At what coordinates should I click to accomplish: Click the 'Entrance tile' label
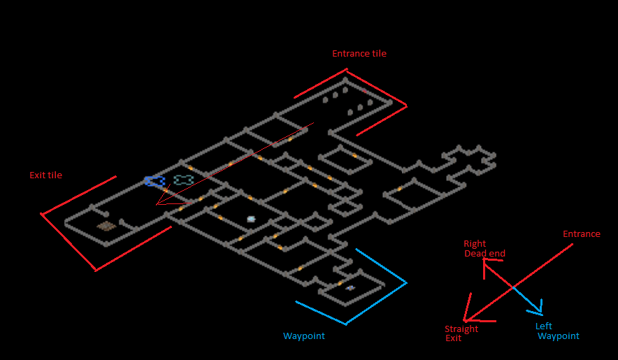point(359,54)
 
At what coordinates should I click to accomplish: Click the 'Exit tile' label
point(45,175)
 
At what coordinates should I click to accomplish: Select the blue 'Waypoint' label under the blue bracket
point(303,336)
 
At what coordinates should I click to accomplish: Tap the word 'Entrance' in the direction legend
point(581,234)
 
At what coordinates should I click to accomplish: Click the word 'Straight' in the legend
point(461,329)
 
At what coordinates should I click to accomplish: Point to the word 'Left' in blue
point(543,326)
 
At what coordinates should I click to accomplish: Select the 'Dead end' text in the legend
point(484,254)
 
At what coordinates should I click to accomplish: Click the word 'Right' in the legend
point(475,244)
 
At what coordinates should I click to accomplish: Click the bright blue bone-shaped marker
point(154,181)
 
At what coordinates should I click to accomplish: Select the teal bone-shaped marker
point(183,180)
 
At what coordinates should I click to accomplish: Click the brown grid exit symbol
point(106,226)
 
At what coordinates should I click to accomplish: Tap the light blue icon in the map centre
point(251,219)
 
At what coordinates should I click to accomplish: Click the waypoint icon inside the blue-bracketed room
point(350,288)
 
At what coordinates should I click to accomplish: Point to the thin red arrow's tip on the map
point(157,204)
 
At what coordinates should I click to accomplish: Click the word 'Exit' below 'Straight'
point(453,338)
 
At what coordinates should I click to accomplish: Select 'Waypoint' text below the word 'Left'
point(558,336)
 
